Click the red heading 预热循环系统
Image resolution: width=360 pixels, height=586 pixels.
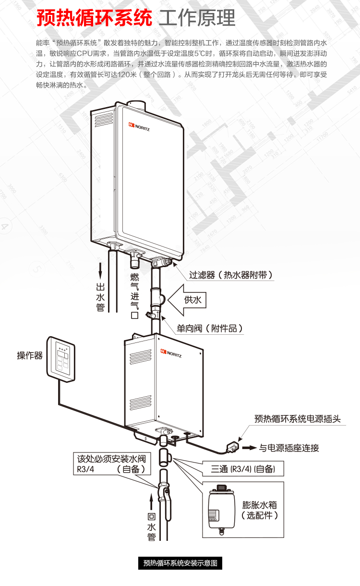(x=94, y=18)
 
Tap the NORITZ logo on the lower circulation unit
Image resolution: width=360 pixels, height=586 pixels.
(x=171, y=354)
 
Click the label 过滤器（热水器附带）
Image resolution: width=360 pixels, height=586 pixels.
(x=231, y=275)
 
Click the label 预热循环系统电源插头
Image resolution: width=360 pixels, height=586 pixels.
(x=297, y=419)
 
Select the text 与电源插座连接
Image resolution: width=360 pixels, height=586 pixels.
(x=289, y=448)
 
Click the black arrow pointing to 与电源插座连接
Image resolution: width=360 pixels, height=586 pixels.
(x=249, y=448)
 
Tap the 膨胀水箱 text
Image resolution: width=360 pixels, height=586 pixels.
(x=259, y=505)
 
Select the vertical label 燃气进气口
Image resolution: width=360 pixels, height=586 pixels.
(x=134, y=296)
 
